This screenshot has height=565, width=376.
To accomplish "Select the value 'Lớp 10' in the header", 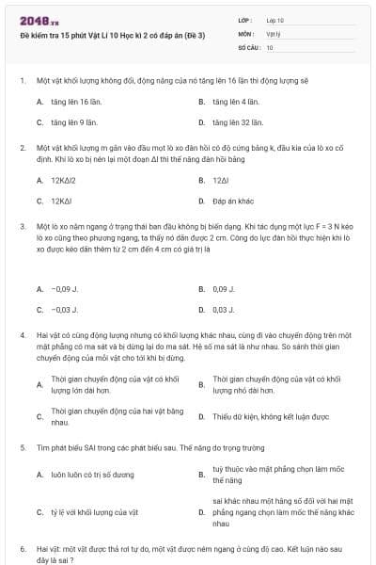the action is [275, 20].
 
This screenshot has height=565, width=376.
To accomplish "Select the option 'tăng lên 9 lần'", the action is [70, 122].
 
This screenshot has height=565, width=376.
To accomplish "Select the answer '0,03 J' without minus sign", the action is [223, 309].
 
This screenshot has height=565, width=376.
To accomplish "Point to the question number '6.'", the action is [23, 547].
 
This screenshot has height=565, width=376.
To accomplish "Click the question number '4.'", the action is [23, 334].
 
